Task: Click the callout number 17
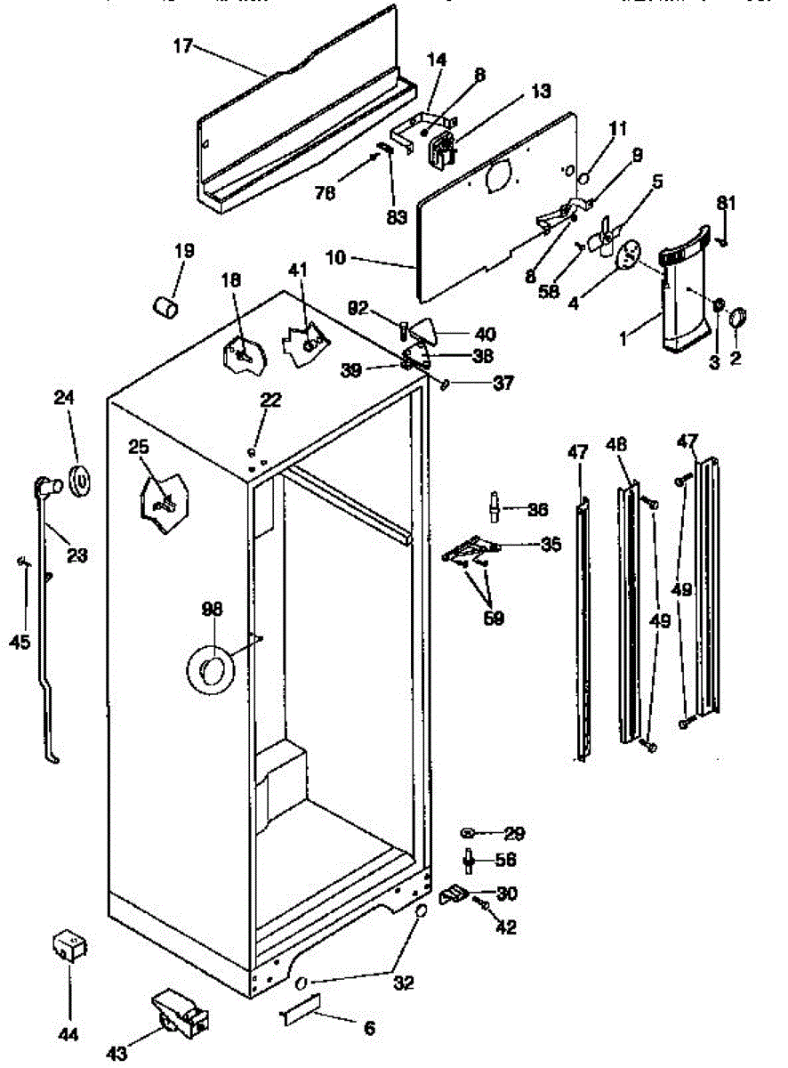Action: tap(182, 46)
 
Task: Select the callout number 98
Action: tap(212, 610)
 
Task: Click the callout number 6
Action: tap(368, 1028)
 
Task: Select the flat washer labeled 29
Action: tap(469, 833)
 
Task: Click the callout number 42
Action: tap(506, 926)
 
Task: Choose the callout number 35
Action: tap(551, 544)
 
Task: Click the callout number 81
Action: tap(727, 203)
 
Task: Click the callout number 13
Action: tap(540, 92)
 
